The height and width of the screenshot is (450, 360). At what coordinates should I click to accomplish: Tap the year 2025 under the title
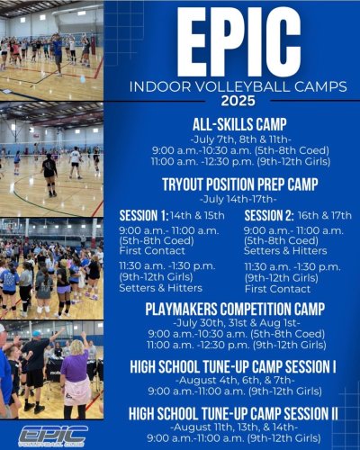(x=238, y=100)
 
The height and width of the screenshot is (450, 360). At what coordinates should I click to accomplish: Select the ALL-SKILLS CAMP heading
(x=238, y=123)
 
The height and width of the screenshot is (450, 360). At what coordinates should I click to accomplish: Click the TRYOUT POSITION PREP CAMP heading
(x=238, y=182)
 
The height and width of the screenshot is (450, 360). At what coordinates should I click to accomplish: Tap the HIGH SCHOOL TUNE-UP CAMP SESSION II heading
(x=238, y=413)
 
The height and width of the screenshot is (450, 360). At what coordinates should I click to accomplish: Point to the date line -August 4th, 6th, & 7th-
(x=238, y=379)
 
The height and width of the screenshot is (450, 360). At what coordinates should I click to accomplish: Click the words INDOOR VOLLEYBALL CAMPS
(x=238, y=86)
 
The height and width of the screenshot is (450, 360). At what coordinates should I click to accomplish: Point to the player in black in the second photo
(x=49, y=171)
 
